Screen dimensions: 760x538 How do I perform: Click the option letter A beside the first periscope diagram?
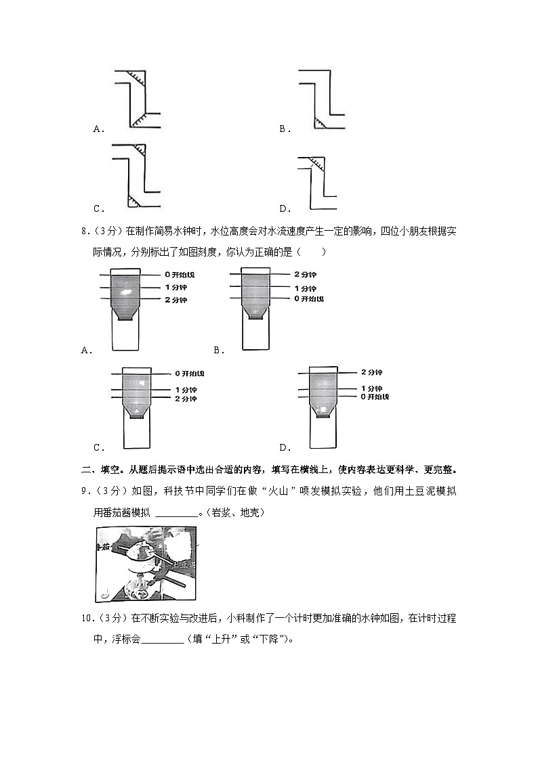coord(98,129)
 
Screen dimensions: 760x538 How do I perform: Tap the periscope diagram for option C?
coord(136,176)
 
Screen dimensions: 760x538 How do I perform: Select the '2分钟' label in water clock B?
coord(306,274)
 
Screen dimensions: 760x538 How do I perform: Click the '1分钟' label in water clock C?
coord(186,390)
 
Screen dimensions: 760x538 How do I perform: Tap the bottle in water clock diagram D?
coord(323,393)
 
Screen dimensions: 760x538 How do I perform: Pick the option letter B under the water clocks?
coord(218,351)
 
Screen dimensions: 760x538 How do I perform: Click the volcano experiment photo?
coord(146,564)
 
